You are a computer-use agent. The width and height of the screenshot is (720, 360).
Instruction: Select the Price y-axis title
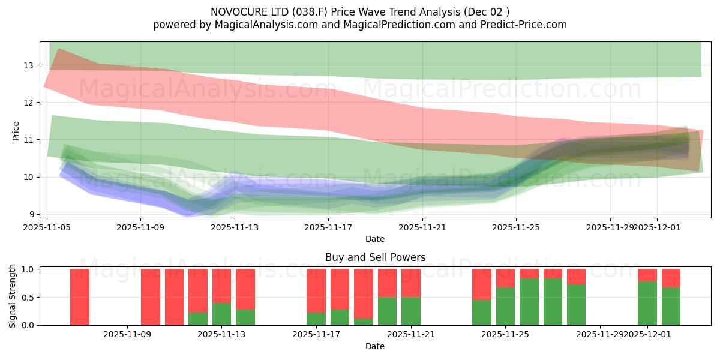click(16, 130)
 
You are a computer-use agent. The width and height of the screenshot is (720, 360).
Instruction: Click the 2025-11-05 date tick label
click(47, 227)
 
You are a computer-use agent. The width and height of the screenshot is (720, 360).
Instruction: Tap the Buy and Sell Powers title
click(375, 257)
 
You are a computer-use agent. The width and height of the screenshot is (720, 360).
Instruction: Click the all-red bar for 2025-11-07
click(80, 297)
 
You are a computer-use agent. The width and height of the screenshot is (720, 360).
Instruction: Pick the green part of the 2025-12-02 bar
click(671, 306)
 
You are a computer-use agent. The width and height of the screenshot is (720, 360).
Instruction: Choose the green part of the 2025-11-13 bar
click(221, 314)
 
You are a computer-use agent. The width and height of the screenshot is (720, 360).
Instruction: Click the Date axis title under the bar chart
click(375, 346)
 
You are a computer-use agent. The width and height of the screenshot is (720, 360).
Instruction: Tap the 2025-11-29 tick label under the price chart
click(610, 227)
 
